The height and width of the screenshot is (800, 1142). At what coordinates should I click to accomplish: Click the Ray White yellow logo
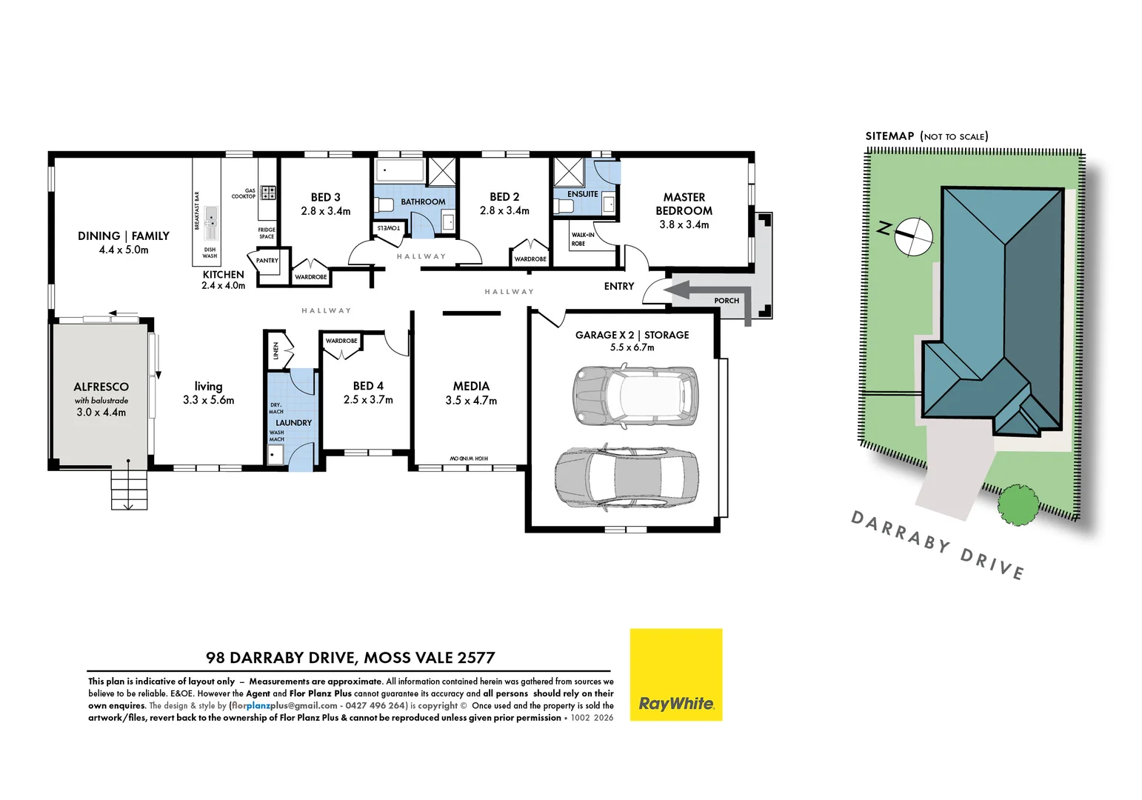pos(675,674)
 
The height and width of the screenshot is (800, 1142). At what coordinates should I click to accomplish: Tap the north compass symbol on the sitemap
pos(912,236)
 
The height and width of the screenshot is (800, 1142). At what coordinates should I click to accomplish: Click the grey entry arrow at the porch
pos(707,292)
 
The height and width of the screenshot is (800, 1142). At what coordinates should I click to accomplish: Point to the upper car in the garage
pos(635,396)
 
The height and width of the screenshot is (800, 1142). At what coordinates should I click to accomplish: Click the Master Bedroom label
pos(684,204)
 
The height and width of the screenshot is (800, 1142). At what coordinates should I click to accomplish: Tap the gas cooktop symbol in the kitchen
pos(268,193)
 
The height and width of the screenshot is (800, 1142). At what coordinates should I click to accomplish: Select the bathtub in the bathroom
pos(400,170)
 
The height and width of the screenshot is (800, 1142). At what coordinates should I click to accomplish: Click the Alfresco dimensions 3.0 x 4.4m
pos(101,413)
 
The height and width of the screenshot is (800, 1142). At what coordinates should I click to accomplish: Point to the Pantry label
pos(267,261)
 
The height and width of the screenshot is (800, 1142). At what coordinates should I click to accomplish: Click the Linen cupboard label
pos(276,350)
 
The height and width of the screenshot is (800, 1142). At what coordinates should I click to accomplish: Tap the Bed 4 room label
pos(368,386)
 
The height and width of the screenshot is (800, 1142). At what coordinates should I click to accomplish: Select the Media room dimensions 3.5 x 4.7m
pos(471,401)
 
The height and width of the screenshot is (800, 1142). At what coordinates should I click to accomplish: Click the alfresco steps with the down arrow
pos(129,490)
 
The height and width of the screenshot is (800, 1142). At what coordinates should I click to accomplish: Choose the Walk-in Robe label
pos(582,239)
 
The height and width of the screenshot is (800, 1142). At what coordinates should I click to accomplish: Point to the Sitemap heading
pos(889,136)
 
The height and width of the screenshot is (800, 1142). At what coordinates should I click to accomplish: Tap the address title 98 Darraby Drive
pos(350,658)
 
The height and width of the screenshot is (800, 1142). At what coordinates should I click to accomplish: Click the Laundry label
pos(293,423)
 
